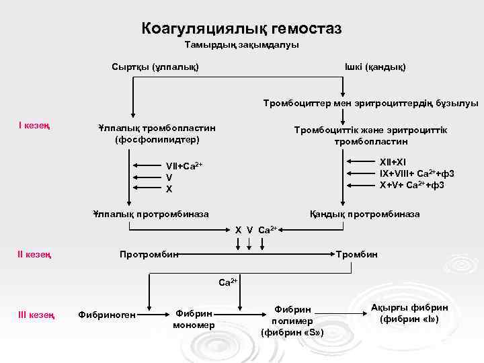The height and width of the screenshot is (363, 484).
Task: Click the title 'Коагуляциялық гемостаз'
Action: pos(241,28)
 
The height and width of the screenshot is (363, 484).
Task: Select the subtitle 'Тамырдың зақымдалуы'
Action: pos(241,45)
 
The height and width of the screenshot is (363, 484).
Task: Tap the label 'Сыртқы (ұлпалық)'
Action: pos(155,67)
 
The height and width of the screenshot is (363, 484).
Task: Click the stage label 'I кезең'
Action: pos(35,125)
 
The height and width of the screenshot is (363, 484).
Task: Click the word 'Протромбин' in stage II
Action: pos(149,255)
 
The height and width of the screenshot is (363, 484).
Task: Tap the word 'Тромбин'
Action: pos(358,255)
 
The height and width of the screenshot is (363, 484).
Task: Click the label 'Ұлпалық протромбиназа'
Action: pos(151,214)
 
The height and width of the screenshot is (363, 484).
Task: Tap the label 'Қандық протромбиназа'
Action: pos(364,214)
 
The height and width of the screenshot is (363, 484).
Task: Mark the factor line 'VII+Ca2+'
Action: pos(184,165)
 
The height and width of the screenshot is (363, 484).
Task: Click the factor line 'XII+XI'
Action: pos(393,162)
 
